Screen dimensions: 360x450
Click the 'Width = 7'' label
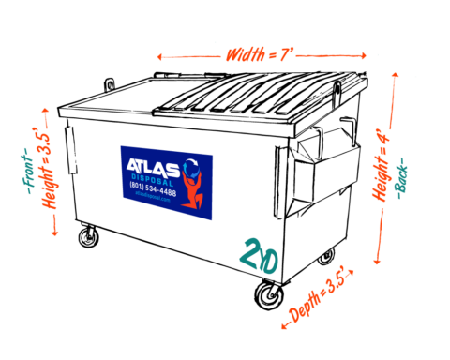pos(258,55)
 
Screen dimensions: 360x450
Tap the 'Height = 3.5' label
pos(52,171)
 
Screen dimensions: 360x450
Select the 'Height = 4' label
pos(384,168)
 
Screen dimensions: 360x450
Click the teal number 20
pos(259,256)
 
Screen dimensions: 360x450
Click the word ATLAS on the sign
pos(153,168)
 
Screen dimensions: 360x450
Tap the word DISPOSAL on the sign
pos(152,181)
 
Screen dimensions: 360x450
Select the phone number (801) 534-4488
pos(153,190)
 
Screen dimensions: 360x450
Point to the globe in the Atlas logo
pos(191,168)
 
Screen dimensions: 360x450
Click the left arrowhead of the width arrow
pos(159,57)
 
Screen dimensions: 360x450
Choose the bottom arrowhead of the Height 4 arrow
pos(377,262)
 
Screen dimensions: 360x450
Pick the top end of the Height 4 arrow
pos(395,75)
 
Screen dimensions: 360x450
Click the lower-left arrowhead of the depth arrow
pos(284,326)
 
